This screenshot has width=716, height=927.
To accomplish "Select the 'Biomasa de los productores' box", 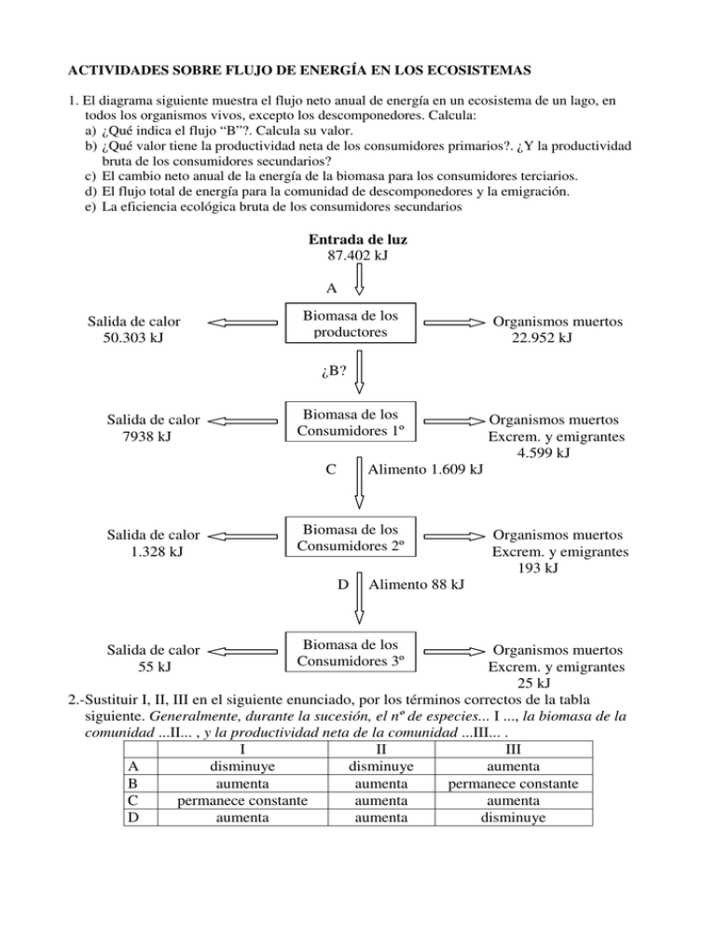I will [x=351, y=323].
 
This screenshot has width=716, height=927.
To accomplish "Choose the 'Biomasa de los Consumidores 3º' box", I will [x=351, y=653].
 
